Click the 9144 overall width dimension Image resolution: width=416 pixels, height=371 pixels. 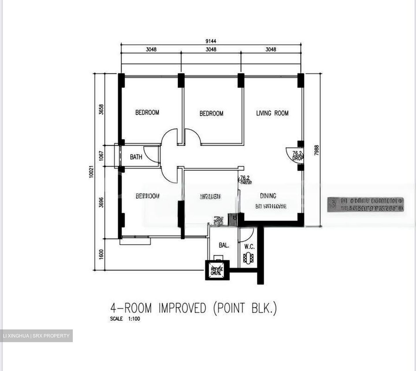point(211,41)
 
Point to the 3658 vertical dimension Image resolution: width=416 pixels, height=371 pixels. point(101,109)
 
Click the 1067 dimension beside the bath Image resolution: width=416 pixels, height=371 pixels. point(101,156)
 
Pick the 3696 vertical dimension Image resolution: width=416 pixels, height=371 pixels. point(101,202)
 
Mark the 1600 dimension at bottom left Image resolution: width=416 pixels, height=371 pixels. point(101,254)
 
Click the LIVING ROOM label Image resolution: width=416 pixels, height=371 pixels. point(272,113)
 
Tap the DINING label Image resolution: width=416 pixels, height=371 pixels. point(268,196)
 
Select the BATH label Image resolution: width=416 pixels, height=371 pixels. point(136,157)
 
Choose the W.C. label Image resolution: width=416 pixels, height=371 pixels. point(249,247)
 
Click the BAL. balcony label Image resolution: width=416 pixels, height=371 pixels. point(224,246)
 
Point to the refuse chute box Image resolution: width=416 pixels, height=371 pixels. point(217,270)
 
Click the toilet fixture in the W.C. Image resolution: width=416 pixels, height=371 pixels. point(248,258)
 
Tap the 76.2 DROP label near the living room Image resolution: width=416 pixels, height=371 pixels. point(297,156)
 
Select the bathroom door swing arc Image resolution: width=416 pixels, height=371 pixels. point(150,153)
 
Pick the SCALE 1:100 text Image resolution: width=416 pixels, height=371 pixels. point(125,319)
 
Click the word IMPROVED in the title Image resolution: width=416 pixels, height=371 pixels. point(182,308)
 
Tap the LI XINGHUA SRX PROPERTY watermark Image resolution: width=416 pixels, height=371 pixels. point(36,336)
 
